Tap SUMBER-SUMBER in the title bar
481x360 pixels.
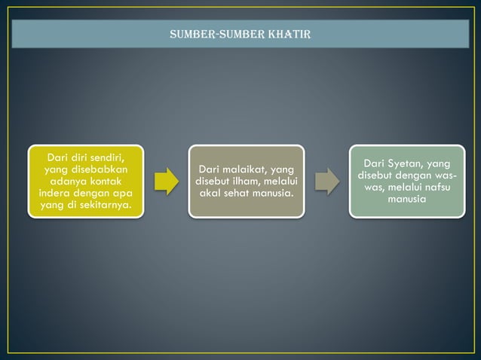tap(219, 35)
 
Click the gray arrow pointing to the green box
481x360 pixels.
tap(326, 182)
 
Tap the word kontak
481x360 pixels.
tap(109, 182)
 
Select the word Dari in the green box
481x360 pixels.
tap(376, 163)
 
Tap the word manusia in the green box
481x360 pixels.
tap(406, 200)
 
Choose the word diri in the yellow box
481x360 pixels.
tap(81, 157)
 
